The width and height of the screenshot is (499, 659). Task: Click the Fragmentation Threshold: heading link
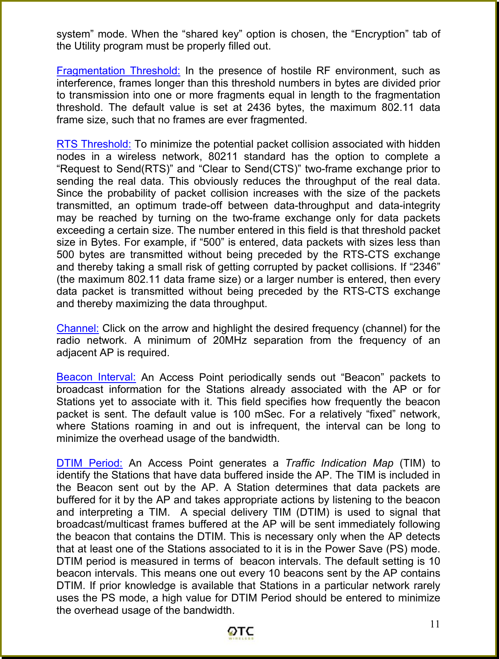(118, 71)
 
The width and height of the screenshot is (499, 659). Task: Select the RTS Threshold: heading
(94, 144)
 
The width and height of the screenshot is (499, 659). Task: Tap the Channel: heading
(78, 328)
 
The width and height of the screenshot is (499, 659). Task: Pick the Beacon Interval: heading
(96, 377)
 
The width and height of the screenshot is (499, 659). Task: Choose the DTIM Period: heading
(90, 463)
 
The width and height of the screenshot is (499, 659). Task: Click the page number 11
(435, 624)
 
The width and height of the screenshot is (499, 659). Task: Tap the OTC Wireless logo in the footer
(241, 633)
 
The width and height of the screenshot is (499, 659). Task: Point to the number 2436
(258, 107)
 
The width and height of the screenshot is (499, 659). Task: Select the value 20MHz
(230, 341)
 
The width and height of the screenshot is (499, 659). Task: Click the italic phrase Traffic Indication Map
(339, 463)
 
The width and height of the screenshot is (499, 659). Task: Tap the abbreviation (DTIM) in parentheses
(312, 512)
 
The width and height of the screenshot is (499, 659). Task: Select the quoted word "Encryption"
(371, 34)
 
